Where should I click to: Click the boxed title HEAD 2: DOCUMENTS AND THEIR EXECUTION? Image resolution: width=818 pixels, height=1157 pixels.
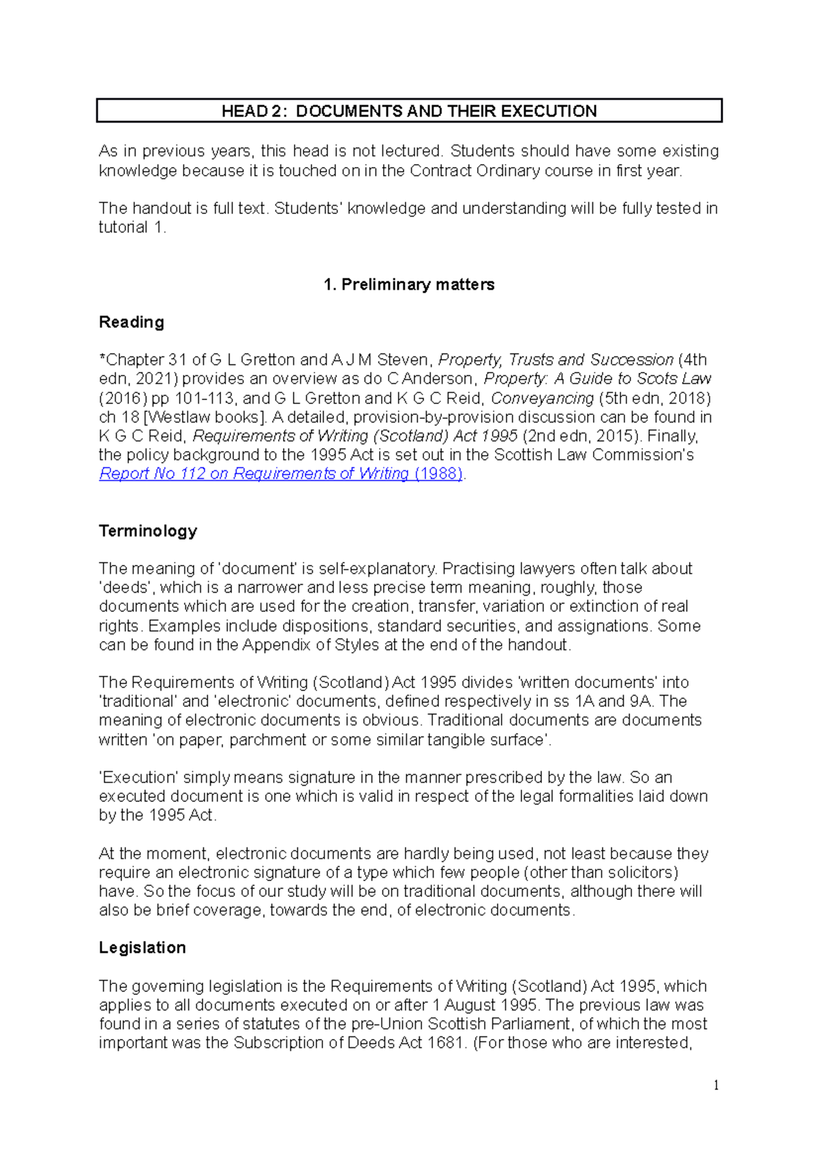(x=409, y=111)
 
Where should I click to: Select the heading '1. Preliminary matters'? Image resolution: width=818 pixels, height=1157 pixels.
(x=409, y=285)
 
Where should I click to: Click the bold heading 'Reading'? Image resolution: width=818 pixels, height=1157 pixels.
(x=132, y=322)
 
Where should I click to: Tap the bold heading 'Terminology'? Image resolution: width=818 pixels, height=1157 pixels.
(x=148, y=531)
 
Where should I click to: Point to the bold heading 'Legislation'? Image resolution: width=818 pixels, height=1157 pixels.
(x=142, y=948)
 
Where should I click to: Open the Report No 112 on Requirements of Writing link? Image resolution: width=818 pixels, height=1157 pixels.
(x=281, y=474)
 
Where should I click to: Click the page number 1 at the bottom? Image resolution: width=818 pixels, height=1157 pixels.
(x=716, y=1085)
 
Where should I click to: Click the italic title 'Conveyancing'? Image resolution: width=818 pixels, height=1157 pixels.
(x=542, y=398)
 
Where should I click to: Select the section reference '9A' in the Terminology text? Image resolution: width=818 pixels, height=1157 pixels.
(x=641, y=701)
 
